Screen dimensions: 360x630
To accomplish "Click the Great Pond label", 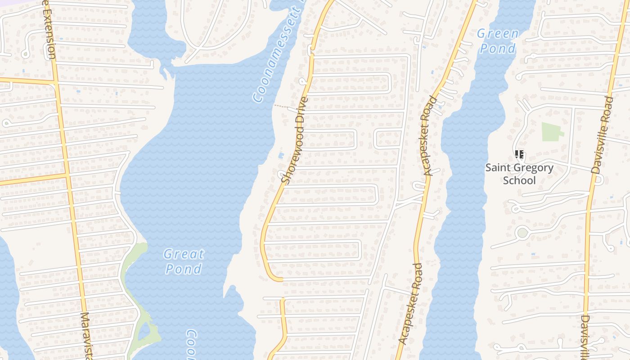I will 184,261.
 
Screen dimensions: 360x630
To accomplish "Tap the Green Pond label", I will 498,41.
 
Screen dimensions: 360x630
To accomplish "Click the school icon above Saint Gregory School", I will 519,155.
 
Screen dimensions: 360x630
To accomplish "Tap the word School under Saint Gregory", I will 519,180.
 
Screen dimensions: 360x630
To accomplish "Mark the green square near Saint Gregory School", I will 552,132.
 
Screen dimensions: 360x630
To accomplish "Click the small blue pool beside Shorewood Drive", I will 281,156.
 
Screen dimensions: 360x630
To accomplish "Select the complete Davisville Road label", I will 603,135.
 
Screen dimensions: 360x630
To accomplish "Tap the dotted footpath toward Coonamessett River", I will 282,107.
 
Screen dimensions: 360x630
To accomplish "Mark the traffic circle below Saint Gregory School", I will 522,233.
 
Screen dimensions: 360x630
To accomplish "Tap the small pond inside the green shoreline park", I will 144,332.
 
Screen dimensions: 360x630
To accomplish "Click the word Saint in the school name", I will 498,168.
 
